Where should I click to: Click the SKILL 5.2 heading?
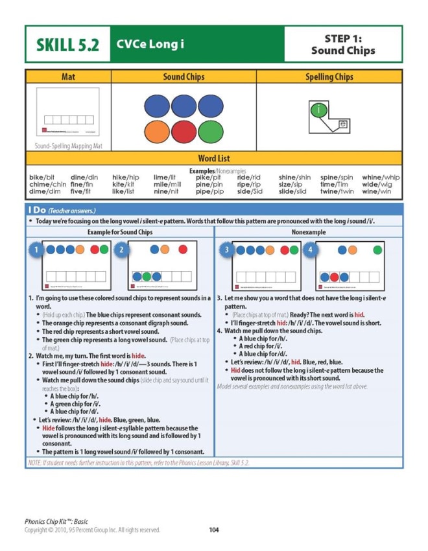click(68, 45)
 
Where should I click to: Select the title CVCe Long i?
click(150, 44)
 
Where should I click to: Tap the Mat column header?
click(68, 77)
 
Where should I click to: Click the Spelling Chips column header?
click(329, 77)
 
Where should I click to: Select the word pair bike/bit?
click(42, 177)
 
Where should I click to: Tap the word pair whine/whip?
click(381, 177)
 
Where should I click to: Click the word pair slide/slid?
click(292, 192)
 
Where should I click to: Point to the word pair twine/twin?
click(337, 192)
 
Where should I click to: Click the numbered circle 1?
click(37, 250)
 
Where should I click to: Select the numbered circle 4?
click(311, 250)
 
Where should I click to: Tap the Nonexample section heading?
click(309, 231)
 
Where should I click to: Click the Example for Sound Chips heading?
click(120, 231)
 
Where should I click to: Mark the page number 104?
click(214, 530)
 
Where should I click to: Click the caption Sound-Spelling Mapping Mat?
click(68, 146)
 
